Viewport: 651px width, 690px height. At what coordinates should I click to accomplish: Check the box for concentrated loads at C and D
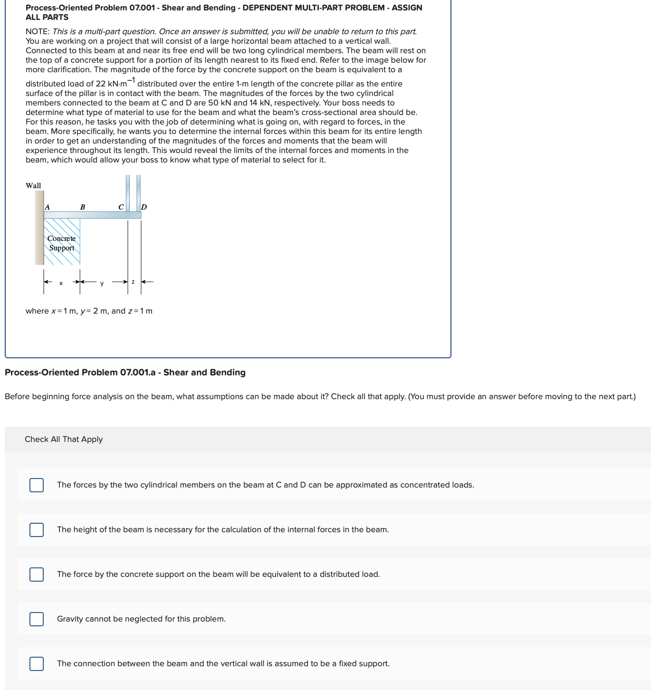point(37,485)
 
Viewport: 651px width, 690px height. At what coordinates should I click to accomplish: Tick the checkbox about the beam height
point(37,530)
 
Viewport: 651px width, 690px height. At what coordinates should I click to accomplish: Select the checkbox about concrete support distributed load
point(37,575)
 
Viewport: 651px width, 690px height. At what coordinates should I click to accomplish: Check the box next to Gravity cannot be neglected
point(37,619)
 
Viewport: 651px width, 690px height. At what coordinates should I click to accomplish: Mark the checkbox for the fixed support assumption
point(37,664)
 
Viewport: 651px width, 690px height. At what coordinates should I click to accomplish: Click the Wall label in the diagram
point(33,186)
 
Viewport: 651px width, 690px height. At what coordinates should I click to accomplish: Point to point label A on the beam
point(47,207)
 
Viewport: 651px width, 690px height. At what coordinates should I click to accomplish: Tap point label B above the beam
point(83,207)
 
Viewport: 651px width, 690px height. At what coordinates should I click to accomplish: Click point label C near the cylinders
point(121,207)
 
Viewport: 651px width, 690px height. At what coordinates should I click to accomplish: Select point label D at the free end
point(144,207)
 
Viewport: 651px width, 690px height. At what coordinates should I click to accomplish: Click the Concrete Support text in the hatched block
point(62,243)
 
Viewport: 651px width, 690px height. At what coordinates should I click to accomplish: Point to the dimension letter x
point(61,283)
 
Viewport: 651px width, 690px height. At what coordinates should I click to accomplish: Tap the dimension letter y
point(102,284)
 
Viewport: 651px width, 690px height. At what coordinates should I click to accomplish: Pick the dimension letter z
point(133,282)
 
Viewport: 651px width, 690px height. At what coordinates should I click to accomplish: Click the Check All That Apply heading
point(64,440)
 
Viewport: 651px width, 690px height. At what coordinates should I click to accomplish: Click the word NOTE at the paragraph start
point(38,32)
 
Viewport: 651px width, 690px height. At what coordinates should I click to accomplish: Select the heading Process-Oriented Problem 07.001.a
point(125,373)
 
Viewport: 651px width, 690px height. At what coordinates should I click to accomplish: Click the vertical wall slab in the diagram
point(39,228)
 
